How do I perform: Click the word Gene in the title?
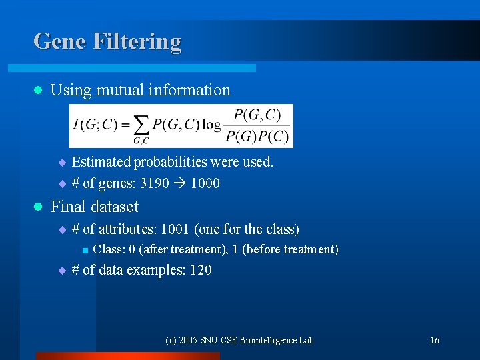[60, 41]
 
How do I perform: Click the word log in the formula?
[212, 125]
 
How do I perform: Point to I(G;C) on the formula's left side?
[96, 125]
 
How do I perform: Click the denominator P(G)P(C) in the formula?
[257, 137]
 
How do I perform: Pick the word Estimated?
[101, 162]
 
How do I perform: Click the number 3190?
[154, 183]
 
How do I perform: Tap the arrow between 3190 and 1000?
[179, 183]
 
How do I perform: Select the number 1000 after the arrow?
[205, 183]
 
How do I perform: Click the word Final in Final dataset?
[70, 207]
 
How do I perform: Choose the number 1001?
[175, 229]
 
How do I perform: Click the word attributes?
[125, 229]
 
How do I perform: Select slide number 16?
[434, 341]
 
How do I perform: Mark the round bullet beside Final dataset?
[37, 207]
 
